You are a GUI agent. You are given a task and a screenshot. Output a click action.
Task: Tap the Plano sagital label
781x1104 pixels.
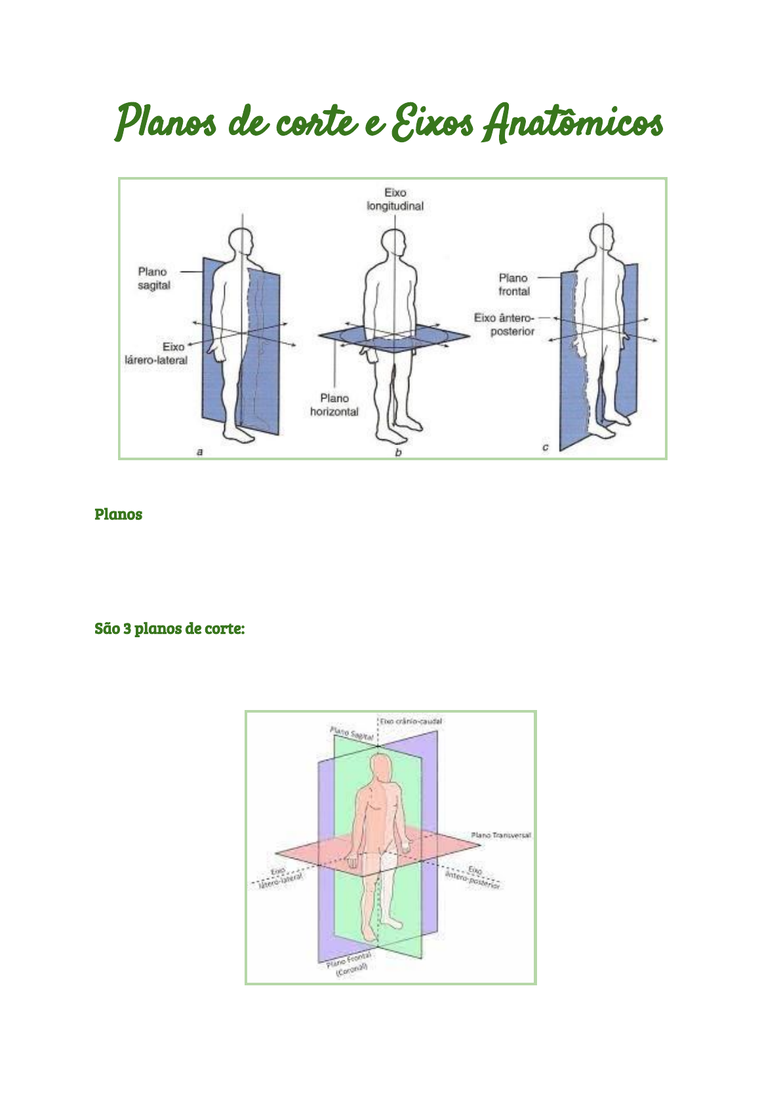tap(153, 279)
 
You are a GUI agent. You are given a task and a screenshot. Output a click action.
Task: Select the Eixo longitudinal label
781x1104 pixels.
tap(395, 199)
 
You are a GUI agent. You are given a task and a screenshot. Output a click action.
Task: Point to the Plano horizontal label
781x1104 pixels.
tap(334, 405)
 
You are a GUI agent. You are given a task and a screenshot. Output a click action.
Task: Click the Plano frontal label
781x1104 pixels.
tap(513, 285)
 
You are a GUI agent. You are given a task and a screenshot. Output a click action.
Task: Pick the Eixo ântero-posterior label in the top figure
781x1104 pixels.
tap(504, 325)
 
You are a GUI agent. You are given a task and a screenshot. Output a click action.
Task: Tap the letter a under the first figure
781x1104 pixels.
tap(200, 452)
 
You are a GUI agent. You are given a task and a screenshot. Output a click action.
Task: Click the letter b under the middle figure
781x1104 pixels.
tap(398, 452)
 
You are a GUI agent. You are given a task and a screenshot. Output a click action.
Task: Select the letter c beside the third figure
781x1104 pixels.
tap(545, 447)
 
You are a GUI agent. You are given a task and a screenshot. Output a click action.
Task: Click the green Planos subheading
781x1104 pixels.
tap(119, 514)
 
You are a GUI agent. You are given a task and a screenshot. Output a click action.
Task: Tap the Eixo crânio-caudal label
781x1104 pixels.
tap(411, 721)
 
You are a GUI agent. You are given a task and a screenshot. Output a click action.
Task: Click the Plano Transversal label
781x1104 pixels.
tap(501, 835)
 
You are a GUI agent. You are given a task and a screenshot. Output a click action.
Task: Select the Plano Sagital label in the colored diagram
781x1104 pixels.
tap(351, 734)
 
